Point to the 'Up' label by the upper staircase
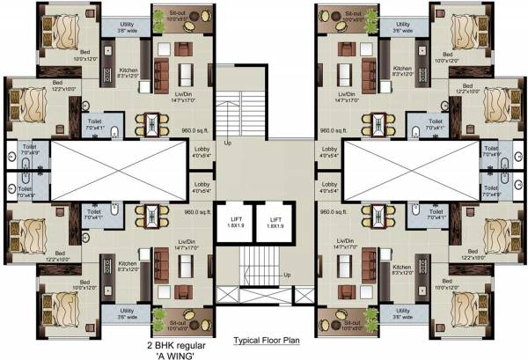228,142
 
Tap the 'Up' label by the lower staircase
287,276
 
